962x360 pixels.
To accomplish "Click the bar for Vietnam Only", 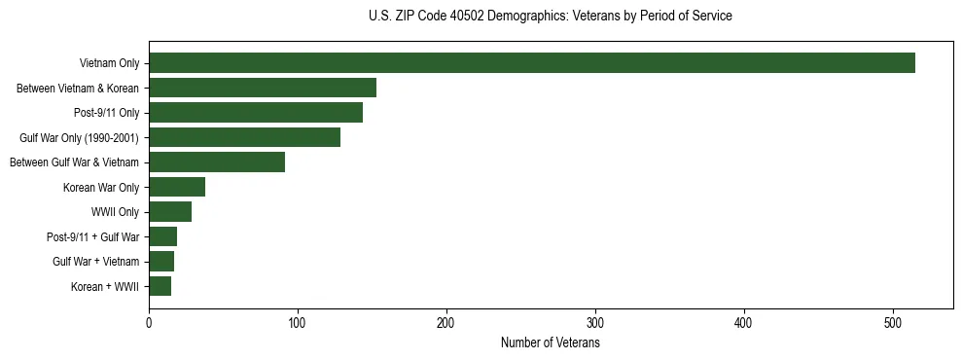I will [x=532, y=63].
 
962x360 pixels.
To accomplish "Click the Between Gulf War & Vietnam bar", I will [x=217, y=162].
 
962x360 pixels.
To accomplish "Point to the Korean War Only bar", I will [x=177, y=187].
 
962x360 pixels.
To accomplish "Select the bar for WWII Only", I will [x=170, y=212].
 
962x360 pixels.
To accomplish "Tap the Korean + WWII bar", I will [x=160, y=286].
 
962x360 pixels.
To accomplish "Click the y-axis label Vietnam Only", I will [x=109, y=64].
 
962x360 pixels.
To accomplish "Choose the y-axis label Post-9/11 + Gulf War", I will [x=93, y=237].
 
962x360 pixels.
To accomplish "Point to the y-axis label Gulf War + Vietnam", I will [x=96, y=262].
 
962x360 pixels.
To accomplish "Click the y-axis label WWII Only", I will [x=115, y=212].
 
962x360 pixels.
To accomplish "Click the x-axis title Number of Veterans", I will [x=551, y=343].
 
